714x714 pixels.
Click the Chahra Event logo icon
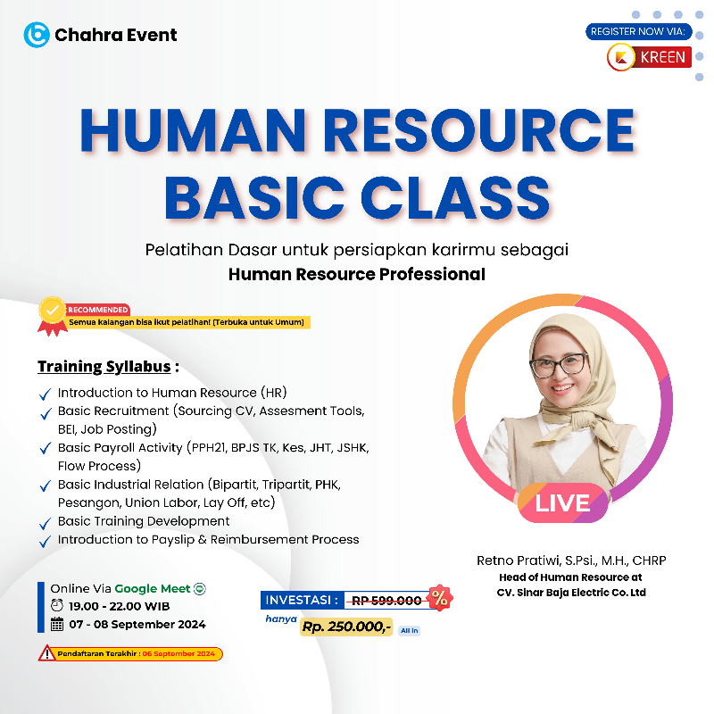click(37, 35)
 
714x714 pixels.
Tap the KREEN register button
click(649, 57)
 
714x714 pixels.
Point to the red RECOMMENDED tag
click(98, 310)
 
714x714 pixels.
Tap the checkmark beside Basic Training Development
click(46, 523)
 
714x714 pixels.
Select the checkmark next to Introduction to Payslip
click(46, 542)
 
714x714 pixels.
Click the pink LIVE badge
click(562, 502)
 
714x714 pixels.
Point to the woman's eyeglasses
click(560, 364)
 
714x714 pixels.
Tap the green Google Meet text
click(152, 588)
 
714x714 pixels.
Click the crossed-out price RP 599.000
click(386, 601)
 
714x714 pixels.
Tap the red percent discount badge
click(438, 599)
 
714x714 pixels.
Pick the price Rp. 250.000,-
click(346, 627)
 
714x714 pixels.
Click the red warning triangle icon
click(46, 653)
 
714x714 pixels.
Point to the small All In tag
click(409, 631)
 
